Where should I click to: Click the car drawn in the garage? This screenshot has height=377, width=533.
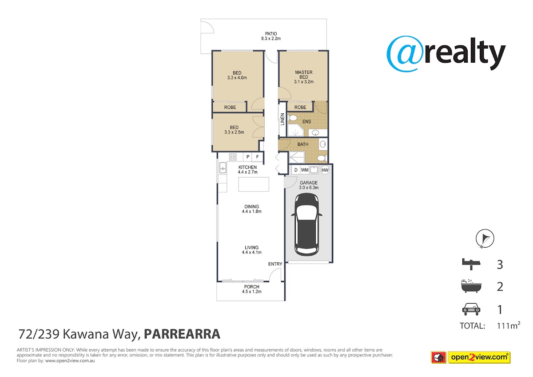coord(307,225)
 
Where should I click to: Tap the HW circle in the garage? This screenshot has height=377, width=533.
coord(325,170)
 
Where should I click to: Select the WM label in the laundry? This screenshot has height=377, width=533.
coord(305,170)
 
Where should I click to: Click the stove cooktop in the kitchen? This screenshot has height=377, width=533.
coord(232,156)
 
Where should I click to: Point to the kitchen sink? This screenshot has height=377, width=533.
coord(223,168)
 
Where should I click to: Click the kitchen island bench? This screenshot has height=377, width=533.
coord(254,184)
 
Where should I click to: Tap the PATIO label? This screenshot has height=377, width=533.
coord(271,34)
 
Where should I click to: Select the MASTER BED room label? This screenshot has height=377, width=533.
coord(304,75)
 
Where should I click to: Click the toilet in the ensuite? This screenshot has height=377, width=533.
coord(292,118)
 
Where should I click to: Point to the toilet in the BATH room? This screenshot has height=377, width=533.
coord(322,158)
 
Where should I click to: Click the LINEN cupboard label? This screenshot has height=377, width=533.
coord(282,119)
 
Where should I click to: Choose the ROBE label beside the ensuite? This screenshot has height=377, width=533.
coord(300,108)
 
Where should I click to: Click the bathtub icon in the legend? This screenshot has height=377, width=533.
coord(471,286)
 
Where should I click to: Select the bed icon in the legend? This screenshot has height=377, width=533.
coord(471,264)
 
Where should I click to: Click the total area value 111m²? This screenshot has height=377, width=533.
coord(508,325)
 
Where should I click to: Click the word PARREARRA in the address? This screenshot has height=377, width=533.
coord(182,334)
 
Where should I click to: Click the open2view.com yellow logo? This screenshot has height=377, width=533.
coord(479,357)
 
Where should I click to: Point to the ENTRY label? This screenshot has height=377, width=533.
coord(275,264)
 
